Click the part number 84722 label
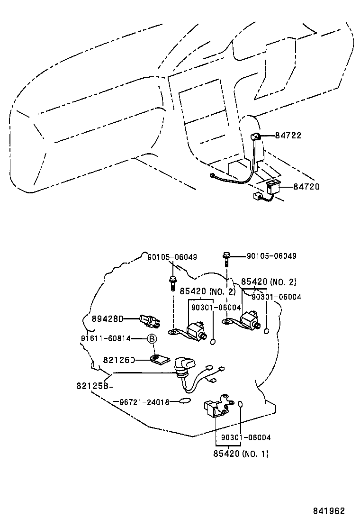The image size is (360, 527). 288,136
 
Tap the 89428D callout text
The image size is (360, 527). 107,319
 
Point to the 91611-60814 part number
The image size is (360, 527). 106,338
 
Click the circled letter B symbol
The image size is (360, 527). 152,338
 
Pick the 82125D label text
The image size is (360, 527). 119,360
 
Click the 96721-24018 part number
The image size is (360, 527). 143,402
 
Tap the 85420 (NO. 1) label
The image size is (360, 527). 242,454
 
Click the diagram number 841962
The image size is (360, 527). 328,511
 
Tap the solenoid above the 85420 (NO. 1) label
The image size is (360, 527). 216,407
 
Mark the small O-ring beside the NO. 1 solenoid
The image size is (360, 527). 240,404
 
